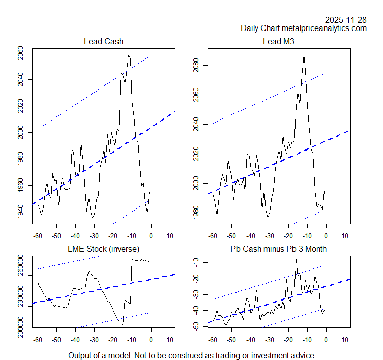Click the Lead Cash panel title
tap(103, 41)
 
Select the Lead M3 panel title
tap(279, 41)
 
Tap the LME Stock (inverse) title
tap(103, 248)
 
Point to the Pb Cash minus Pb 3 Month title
tap(279, 248)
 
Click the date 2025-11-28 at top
tap(345, 20)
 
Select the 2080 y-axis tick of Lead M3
tap(196, 66)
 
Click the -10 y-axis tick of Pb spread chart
tap(196, 262)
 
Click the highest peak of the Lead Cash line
tap(129, 55)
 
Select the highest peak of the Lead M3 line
tap(304, 55)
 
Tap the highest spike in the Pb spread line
tap(296, 259)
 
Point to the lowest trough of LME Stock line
tap(123, 325)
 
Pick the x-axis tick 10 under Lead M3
tap(344, 236)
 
